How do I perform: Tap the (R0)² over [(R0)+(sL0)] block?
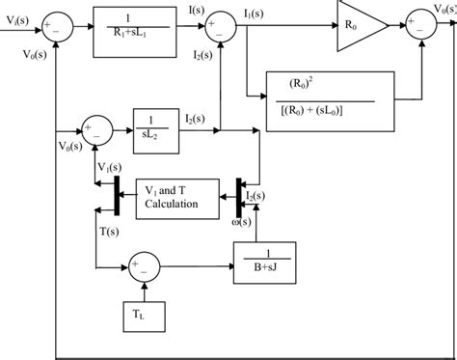click(x=330, y=97)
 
